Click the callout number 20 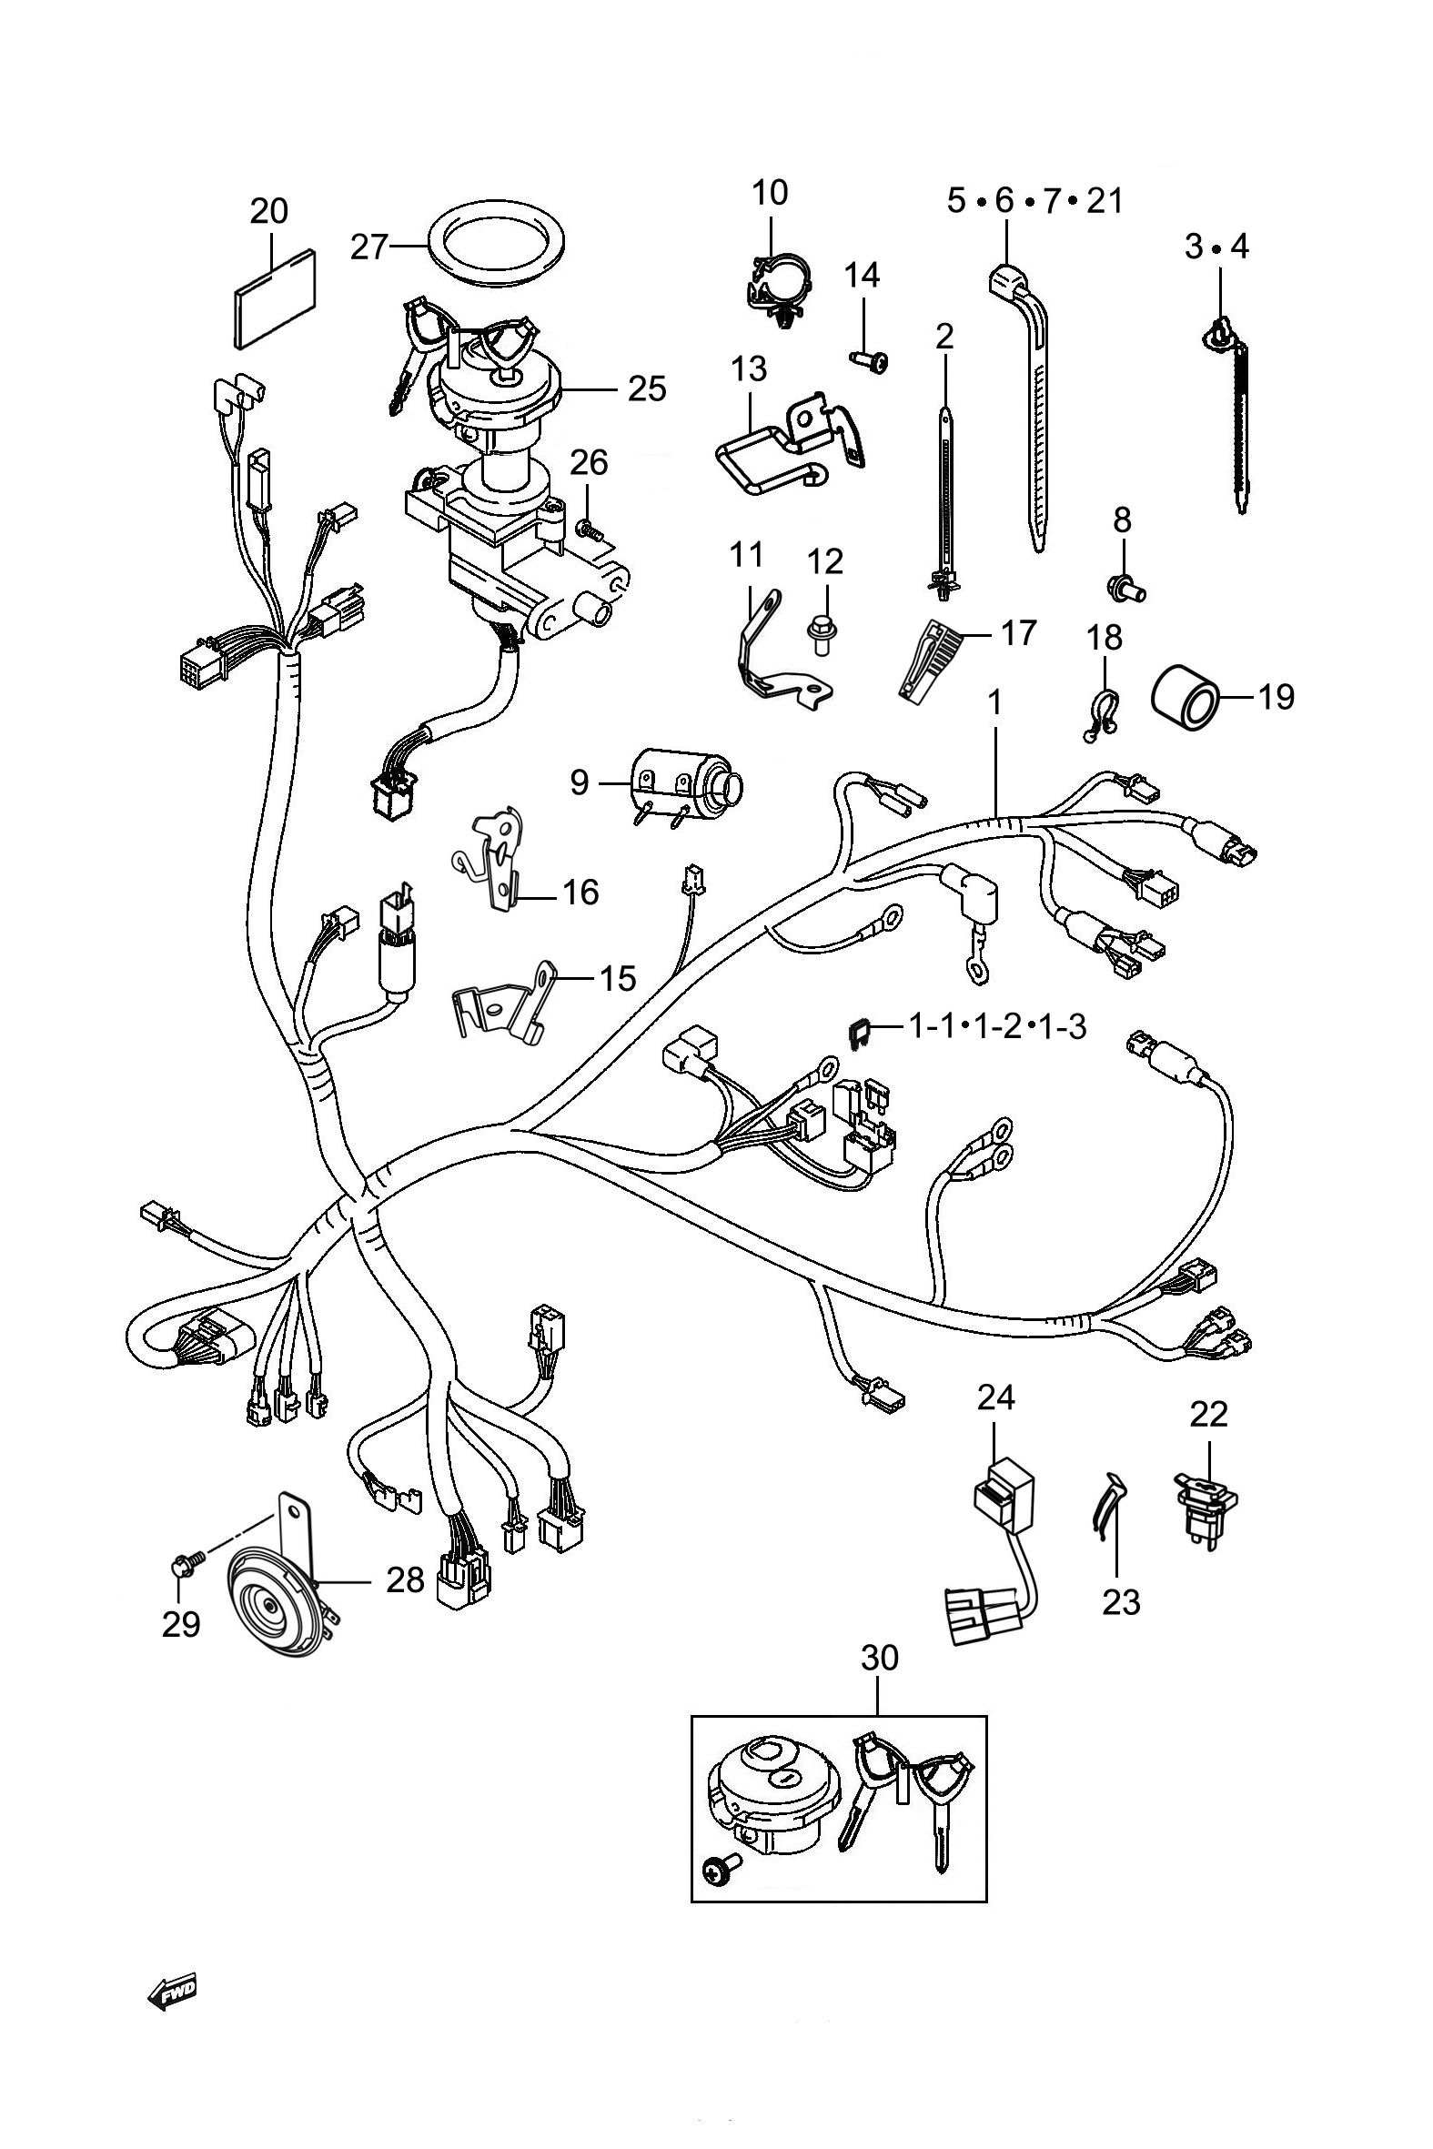pyautogui.click(x=268, y=211)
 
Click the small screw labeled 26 pyautogui.click(x=585, y=526)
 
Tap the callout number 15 pyautogui.click(x=617, y=979)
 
